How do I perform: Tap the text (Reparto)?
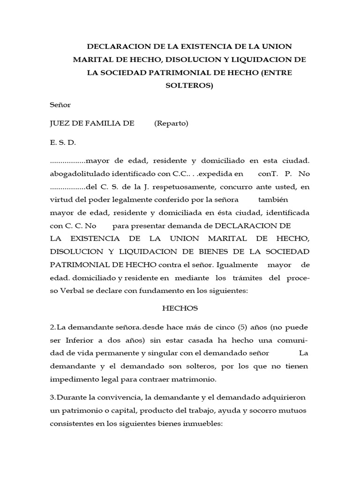[171, 123]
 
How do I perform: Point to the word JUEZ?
[60, 123]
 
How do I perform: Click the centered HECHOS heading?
[180, 308]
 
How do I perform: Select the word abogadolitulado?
[79, 174]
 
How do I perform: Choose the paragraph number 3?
[52, 397]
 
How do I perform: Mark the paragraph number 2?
[52, 326]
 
